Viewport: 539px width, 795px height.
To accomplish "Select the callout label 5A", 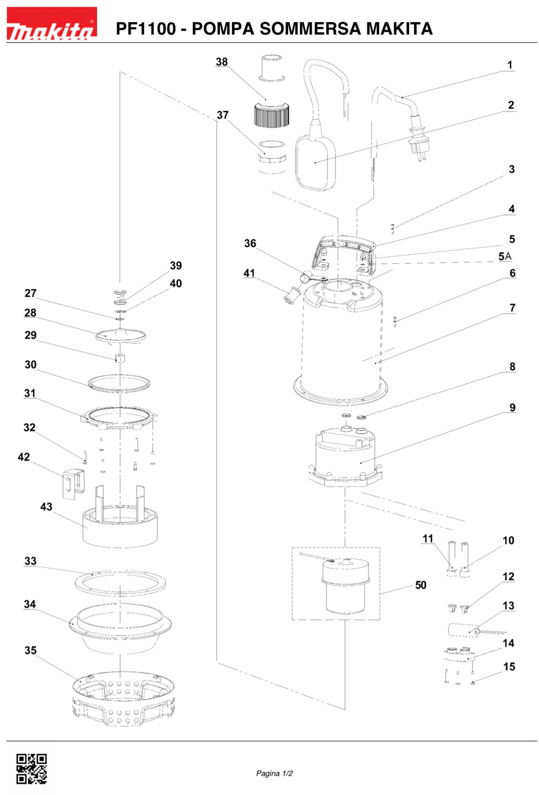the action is pyautogui.click(x=505, y=256).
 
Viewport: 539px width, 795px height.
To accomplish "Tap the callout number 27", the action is pyautogui.click(x=30, y=293).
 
